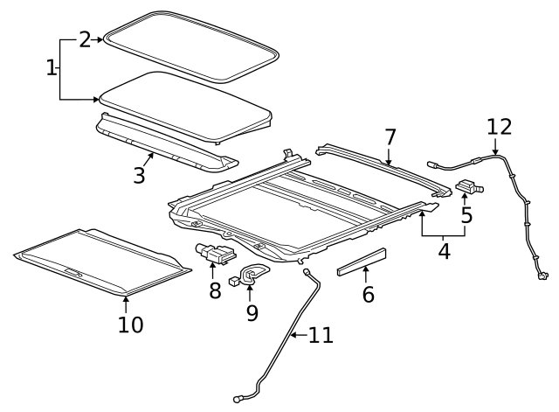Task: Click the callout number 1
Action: coord(52,67)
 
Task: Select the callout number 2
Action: coord(85,39)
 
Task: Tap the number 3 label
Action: coord(139,174)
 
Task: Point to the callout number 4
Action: coord(444,252)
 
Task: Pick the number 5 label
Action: coord(466,213)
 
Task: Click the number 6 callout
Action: coord(368,294)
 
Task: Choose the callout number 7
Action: coord(390,137)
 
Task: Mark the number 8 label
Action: coord(215,290)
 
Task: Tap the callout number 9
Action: coord(252,311)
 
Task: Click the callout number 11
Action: coord(321,335)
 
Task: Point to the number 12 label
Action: coord(499,126)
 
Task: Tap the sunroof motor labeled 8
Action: coord(215,255)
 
